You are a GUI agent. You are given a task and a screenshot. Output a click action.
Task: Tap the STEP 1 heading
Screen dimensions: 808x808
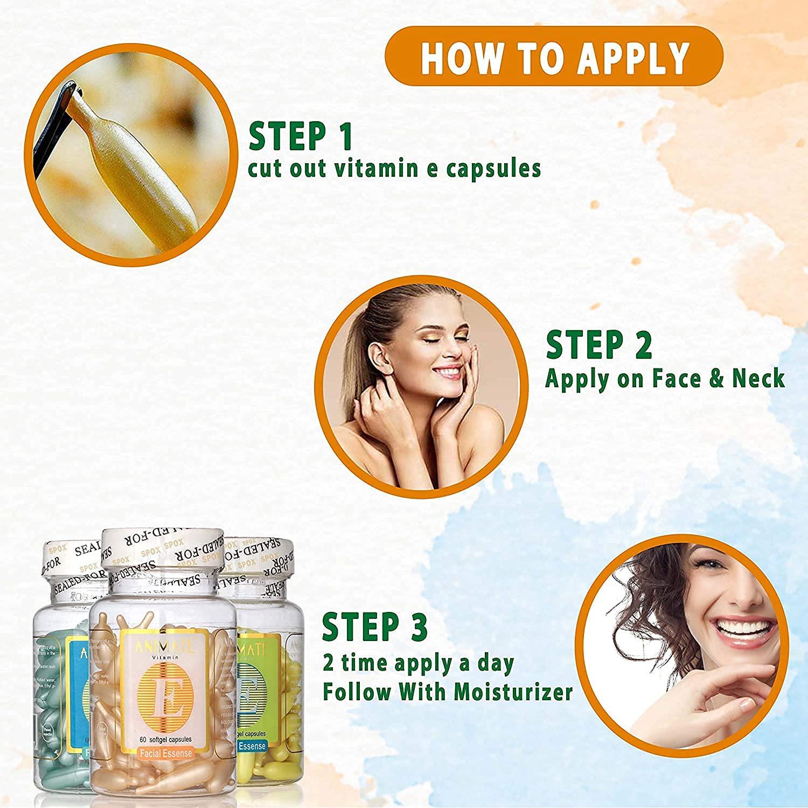click(x=301, y=136)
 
